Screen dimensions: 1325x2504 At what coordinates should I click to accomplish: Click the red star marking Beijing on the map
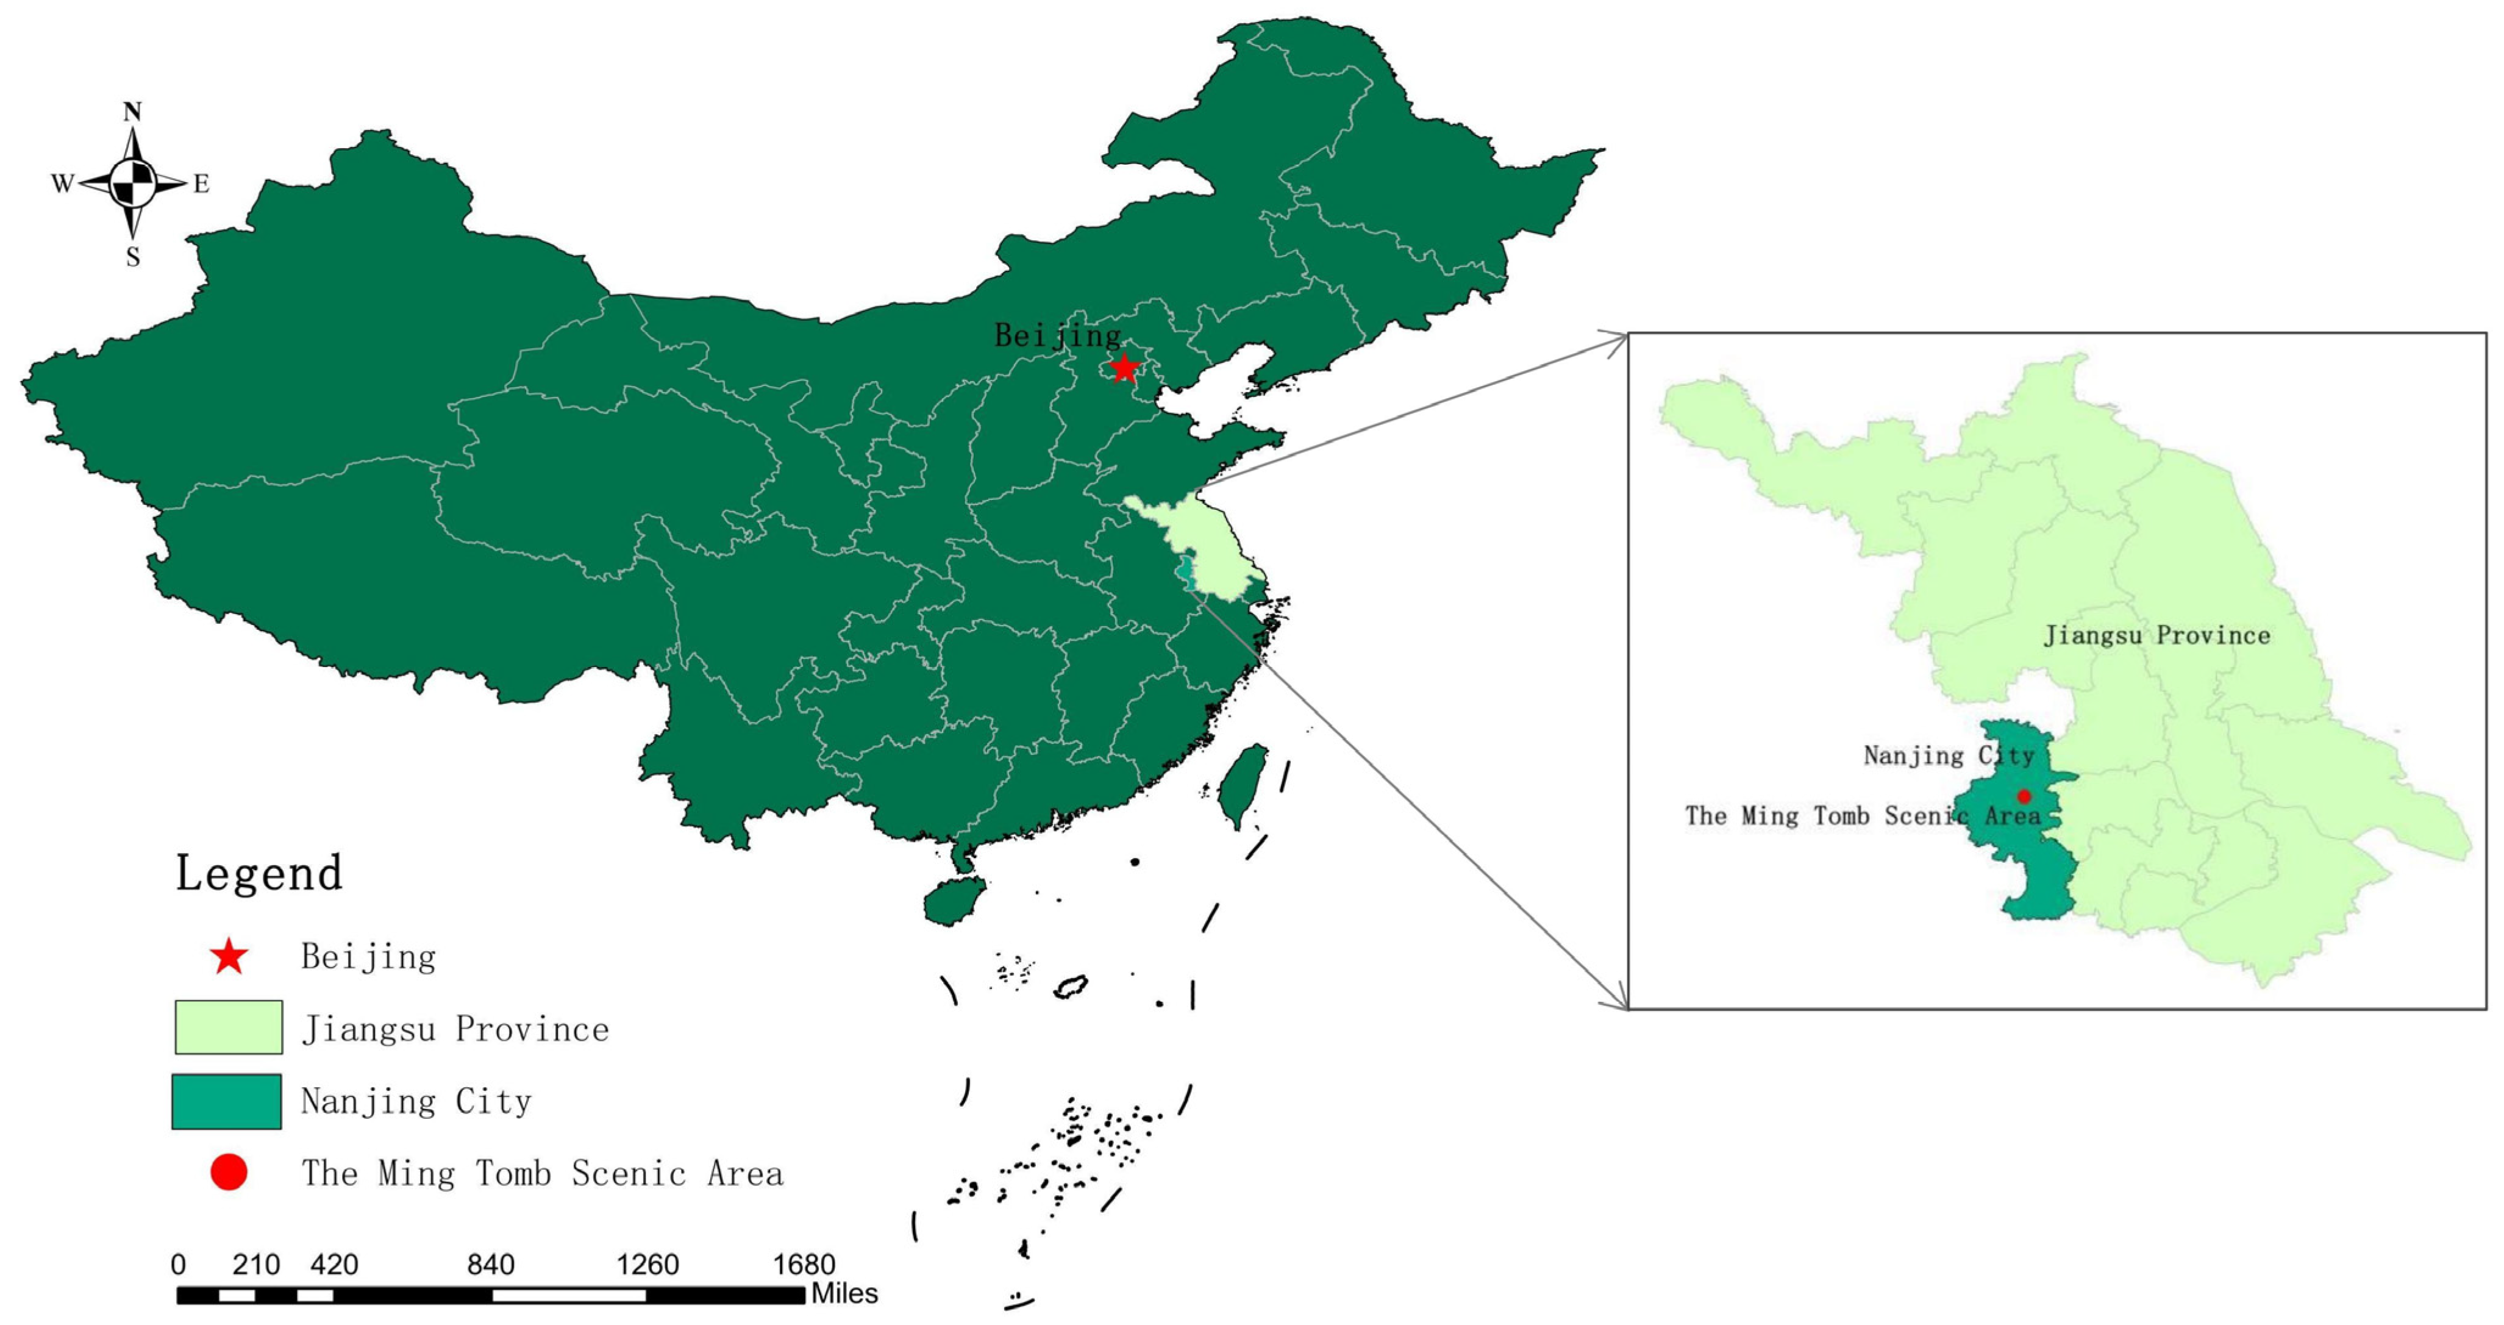pyautogui.click(x=1124, y=368)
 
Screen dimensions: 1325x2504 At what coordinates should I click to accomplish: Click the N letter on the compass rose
pyautogui.click(x=132, y=112)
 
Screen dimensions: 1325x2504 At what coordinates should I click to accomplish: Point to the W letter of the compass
pyautogui.click(x=62, y=184)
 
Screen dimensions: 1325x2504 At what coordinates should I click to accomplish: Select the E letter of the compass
pyautogui.click(x=201, y=184)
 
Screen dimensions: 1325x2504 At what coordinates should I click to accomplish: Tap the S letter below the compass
pyautogui.click(x=133, y=257)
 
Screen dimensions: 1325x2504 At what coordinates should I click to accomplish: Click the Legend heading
pyautogui.click(x=259, y=873)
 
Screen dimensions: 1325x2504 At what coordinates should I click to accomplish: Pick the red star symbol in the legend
pyautogui.click(x=229, y=957)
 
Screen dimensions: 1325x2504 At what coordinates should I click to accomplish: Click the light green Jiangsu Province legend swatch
pyautogui.click(x=229, y=1027)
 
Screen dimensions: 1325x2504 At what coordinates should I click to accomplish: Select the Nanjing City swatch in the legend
pyautogui.click(x=226, y=1101)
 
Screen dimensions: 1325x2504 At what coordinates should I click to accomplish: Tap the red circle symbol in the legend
pyautogui.click(x=229, y=1173)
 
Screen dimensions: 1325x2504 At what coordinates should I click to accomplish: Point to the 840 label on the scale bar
pyautogui.click(x=491, y=1265)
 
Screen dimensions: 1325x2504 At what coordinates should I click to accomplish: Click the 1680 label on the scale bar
pyautogui.click(x=804, y=1265)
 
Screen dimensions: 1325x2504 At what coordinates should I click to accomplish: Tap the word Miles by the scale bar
pyautogui.click(x=844, y=1294)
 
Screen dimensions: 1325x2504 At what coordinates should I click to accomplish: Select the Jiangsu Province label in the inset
pyautogui.click(x=2157, y=636)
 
